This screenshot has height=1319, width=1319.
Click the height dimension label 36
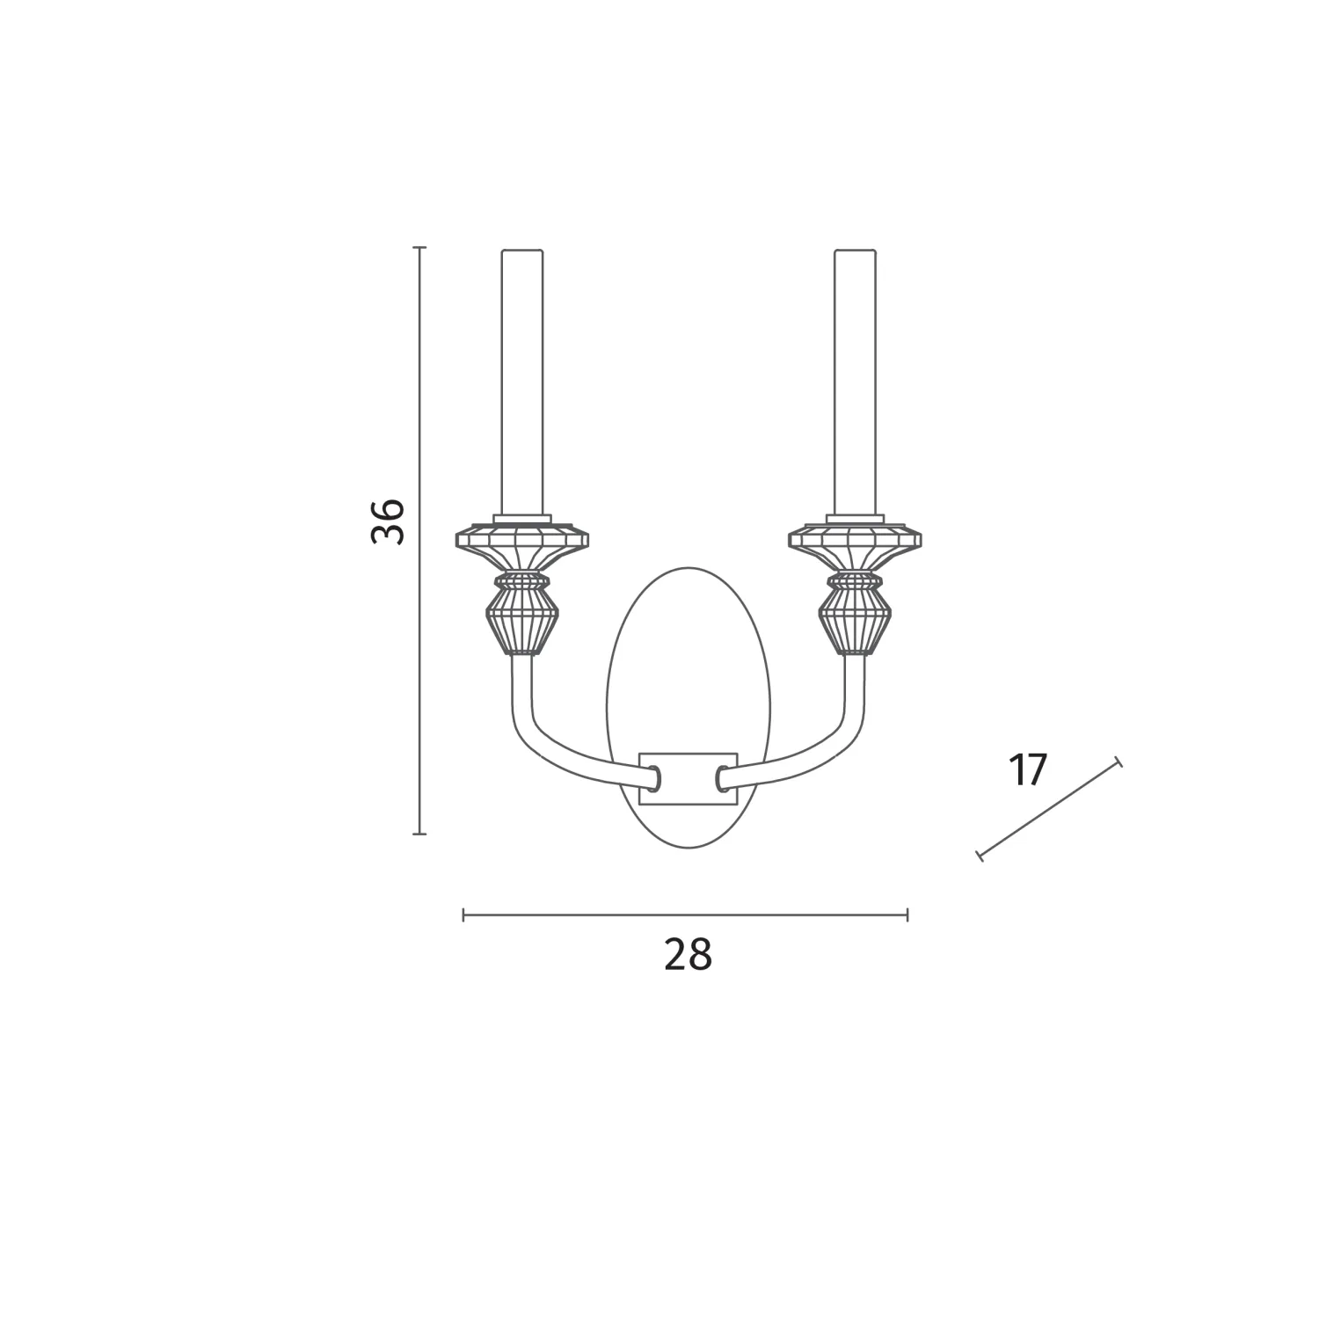coord(388,521)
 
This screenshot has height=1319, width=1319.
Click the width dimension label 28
coord(688,955)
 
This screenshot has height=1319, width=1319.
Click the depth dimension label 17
coord(1028,770)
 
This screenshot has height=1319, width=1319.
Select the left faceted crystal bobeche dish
coord(521,545)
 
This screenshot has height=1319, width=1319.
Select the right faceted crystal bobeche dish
coord(856,545)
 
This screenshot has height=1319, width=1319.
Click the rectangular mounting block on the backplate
coord(689,779)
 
